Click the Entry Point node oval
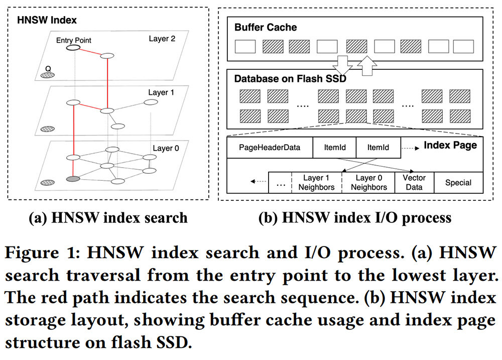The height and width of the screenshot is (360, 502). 73,48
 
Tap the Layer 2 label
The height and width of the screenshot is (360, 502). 162,39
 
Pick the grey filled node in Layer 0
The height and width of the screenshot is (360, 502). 73,178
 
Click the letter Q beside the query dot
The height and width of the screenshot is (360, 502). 48,67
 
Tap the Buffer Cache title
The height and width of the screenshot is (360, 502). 266,28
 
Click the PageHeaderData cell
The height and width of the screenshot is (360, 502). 269,148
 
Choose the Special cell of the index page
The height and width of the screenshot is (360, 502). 458,183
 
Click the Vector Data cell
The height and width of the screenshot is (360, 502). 412,182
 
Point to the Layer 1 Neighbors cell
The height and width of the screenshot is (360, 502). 319,182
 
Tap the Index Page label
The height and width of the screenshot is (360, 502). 450,146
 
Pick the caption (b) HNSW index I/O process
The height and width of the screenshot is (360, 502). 354,217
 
